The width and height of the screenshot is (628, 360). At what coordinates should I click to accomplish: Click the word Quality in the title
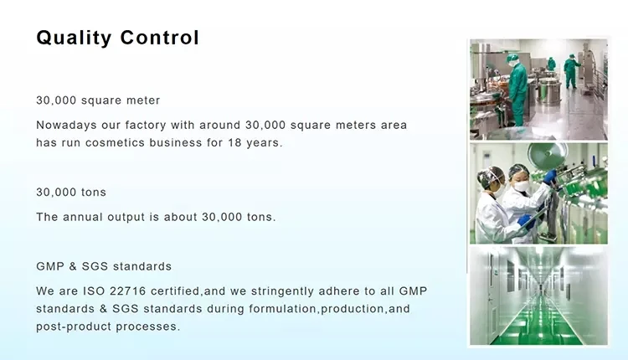(74, 38)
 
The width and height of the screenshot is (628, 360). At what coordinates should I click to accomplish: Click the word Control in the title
(159, 38)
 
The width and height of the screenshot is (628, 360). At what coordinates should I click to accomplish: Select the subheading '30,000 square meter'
(98, 100)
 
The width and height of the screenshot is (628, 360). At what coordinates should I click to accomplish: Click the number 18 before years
(234, 142)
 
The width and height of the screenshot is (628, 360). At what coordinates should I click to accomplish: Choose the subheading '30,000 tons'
(71, 193)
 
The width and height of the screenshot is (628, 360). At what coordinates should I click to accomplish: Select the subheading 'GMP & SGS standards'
(104, 266)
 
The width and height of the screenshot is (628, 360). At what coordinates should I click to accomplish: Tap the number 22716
(128, 291)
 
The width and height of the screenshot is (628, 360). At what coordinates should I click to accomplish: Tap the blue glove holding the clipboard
(527, 222)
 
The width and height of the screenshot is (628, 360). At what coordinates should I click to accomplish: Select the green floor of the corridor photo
(538, 327)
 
